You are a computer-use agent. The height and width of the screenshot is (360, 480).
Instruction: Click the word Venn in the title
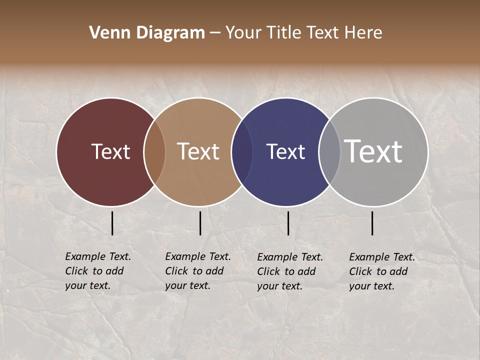click(x=105, y=33)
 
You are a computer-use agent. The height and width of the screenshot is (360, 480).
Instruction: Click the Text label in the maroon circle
click(x=110, y=151)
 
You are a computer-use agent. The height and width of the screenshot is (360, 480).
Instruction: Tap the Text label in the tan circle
click(x=198, y=151)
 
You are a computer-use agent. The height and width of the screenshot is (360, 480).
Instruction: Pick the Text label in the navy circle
click(x=285, y=151)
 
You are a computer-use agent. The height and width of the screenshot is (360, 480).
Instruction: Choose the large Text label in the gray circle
click(x=373, y=151)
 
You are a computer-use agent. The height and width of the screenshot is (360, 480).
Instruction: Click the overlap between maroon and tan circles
click(x=154, y=151)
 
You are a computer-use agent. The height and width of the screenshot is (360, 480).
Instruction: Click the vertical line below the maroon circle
click(x=112, y=223)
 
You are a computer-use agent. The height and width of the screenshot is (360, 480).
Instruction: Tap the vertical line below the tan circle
click(x=200, y=223)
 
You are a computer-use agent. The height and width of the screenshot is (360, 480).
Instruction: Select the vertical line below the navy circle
click(x=288, y=223)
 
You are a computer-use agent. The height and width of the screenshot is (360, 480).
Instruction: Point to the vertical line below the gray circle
click(x=372, y=223)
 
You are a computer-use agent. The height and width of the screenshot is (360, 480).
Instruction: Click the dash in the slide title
click(x=215, y=33)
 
